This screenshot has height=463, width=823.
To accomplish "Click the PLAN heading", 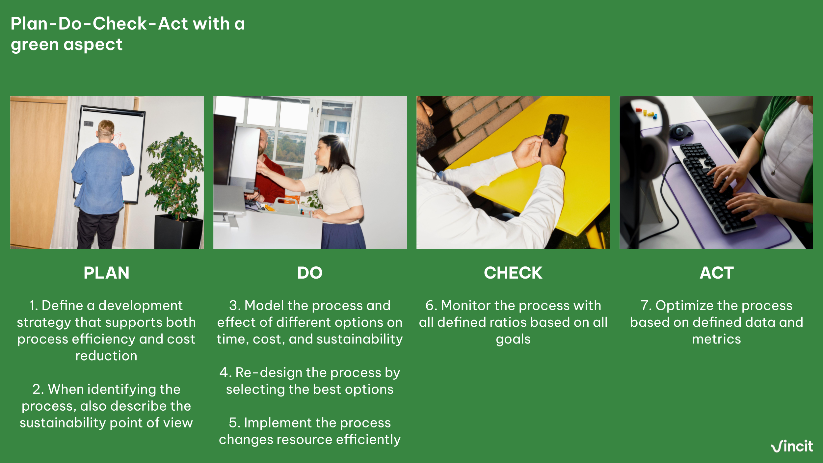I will click(106, 273).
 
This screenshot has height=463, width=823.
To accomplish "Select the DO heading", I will click(310, 273).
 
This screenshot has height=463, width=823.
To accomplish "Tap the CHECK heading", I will click(513, 273).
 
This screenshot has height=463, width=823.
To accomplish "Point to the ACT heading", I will click(716, 273).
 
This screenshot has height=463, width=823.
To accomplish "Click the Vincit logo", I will click(792, 447).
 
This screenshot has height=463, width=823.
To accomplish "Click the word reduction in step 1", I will click(106, 356).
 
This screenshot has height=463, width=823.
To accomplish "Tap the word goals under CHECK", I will click(513, 339).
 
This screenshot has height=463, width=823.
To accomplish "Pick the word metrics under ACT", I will click(716, 339).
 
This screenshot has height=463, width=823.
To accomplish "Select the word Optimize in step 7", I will click(678, 306).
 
